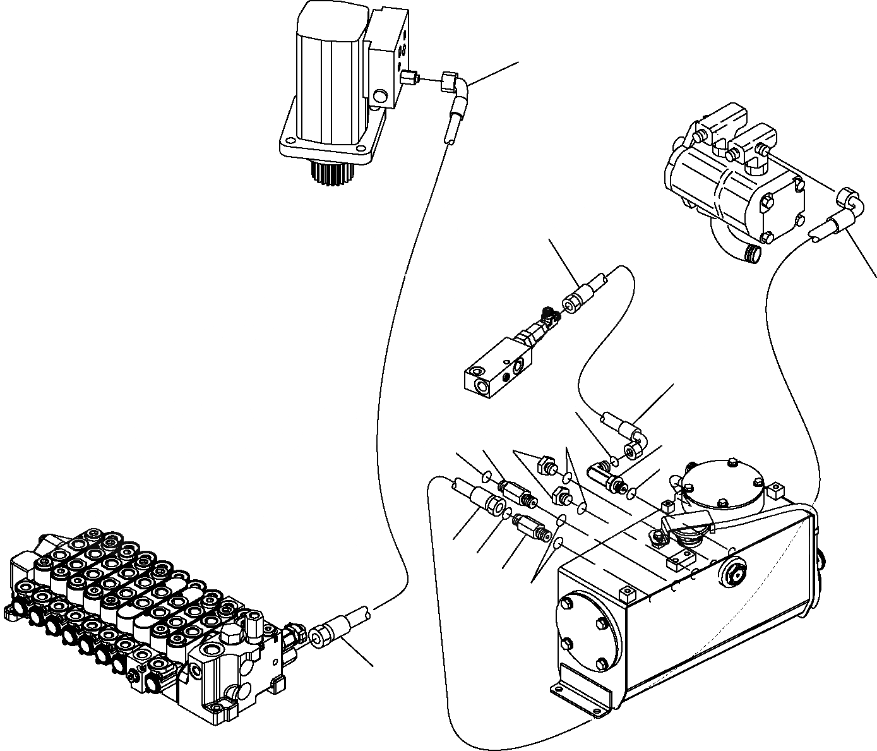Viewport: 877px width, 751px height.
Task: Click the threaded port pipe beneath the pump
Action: coord(753,254)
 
